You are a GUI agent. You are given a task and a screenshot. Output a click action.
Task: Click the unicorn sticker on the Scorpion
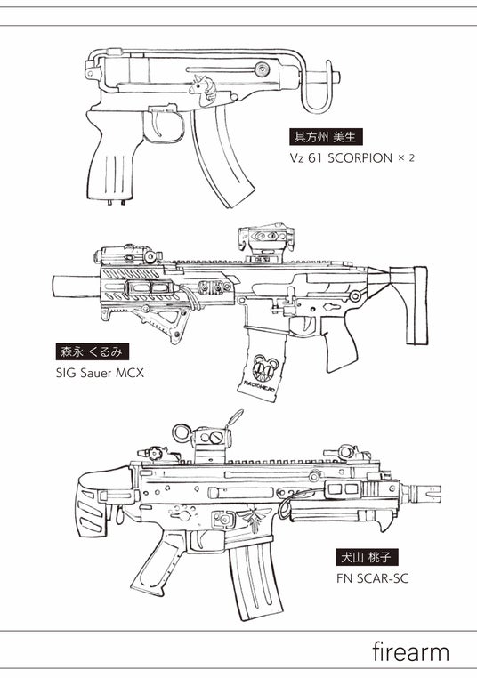203,91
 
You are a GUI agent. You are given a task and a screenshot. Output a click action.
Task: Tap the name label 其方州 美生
325,137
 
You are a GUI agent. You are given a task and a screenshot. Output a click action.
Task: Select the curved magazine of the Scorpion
222,157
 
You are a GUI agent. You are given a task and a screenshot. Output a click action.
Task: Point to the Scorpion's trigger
157,125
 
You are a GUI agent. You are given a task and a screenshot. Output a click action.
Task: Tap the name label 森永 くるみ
93,351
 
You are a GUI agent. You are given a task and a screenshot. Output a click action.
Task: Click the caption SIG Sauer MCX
100,373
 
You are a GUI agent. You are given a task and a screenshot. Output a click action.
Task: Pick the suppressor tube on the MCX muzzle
77,287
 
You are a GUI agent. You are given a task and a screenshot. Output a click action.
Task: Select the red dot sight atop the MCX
265,241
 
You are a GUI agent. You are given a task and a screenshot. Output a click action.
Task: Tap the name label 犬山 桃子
367,558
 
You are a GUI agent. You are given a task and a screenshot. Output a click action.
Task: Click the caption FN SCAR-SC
372,578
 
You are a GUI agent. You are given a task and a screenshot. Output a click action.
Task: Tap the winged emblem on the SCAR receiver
255,516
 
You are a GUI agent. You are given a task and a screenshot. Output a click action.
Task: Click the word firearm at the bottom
410,652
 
